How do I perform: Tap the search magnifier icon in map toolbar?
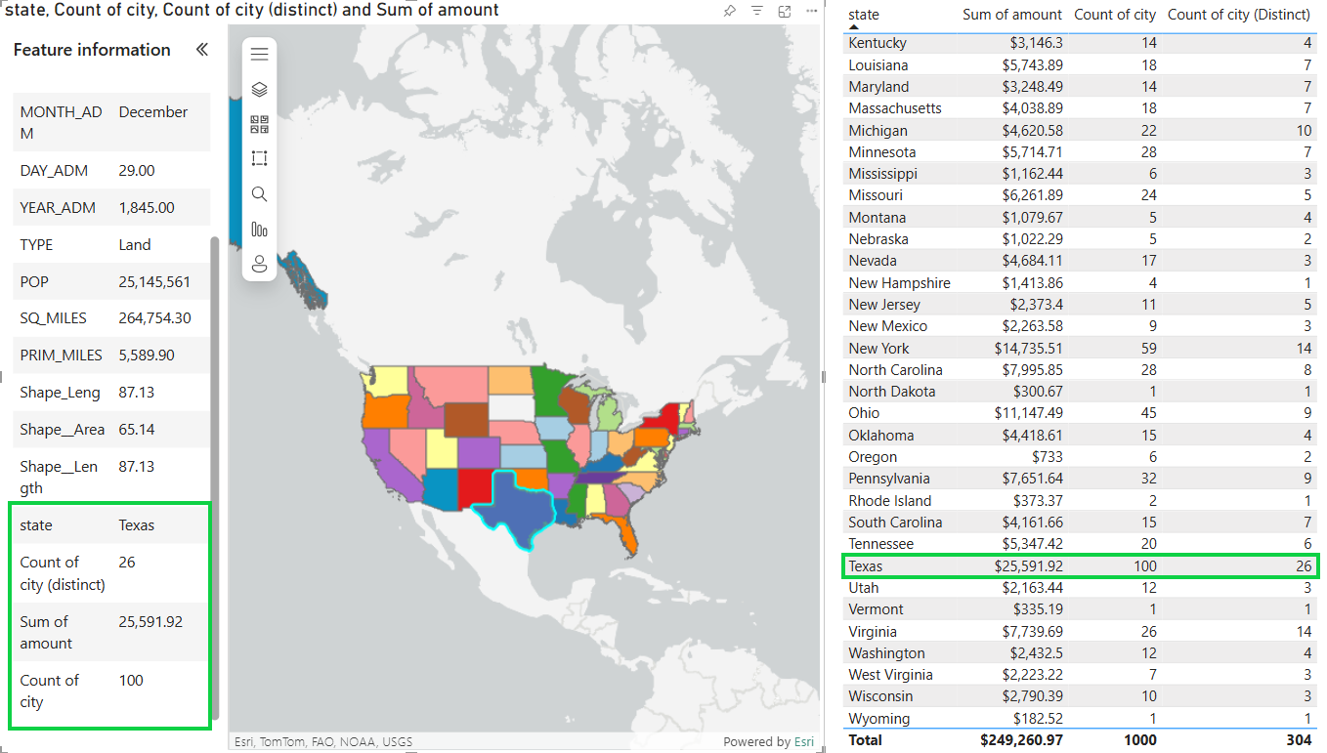259,194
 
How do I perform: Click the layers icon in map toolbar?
259,89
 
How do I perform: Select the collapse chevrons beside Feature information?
202,50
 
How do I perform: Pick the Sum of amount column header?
1011,15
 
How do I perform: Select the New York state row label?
878,348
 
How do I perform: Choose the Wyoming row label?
878,718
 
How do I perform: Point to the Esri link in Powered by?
803,741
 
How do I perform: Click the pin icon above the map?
729,11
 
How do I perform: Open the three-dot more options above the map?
811,11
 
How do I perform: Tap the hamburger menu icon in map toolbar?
259,54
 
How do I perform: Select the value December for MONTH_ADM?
153,112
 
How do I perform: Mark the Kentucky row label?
878,43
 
